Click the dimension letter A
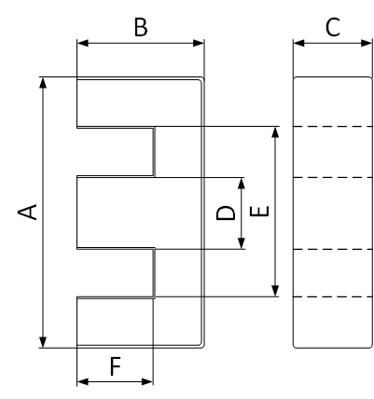click(x=27, y=213)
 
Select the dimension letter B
click(x=141, y=27)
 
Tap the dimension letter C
click(x=333, y=27)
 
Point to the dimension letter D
click(x=226, y=213)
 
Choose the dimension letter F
click(x=116, y=366)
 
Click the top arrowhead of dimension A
click(x=43, y=83)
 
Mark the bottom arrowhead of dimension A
click(x=43, y=342)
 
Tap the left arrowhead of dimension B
click(x=83, y=43)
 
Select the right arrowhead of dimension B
click(x=199, y=43)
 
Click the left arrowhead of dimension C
click(x=298, y=43)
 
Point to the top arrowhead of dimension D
click(x=242, y=184)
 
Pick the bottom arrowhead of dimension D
click(x=242, y=243)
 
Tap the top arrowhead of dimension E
click(x=275, y=132)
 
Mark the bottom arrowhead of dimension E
click(x=275, y=291)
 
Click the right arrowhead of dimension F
click(x=147, y=381)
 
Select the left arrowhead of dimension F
click(x=83, y=381)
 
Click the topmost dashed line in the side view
click(x=333, y=127)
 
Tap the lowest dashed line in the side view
click(x=333, y=296)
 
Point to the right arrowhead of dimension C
click(x=367, y=43)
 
